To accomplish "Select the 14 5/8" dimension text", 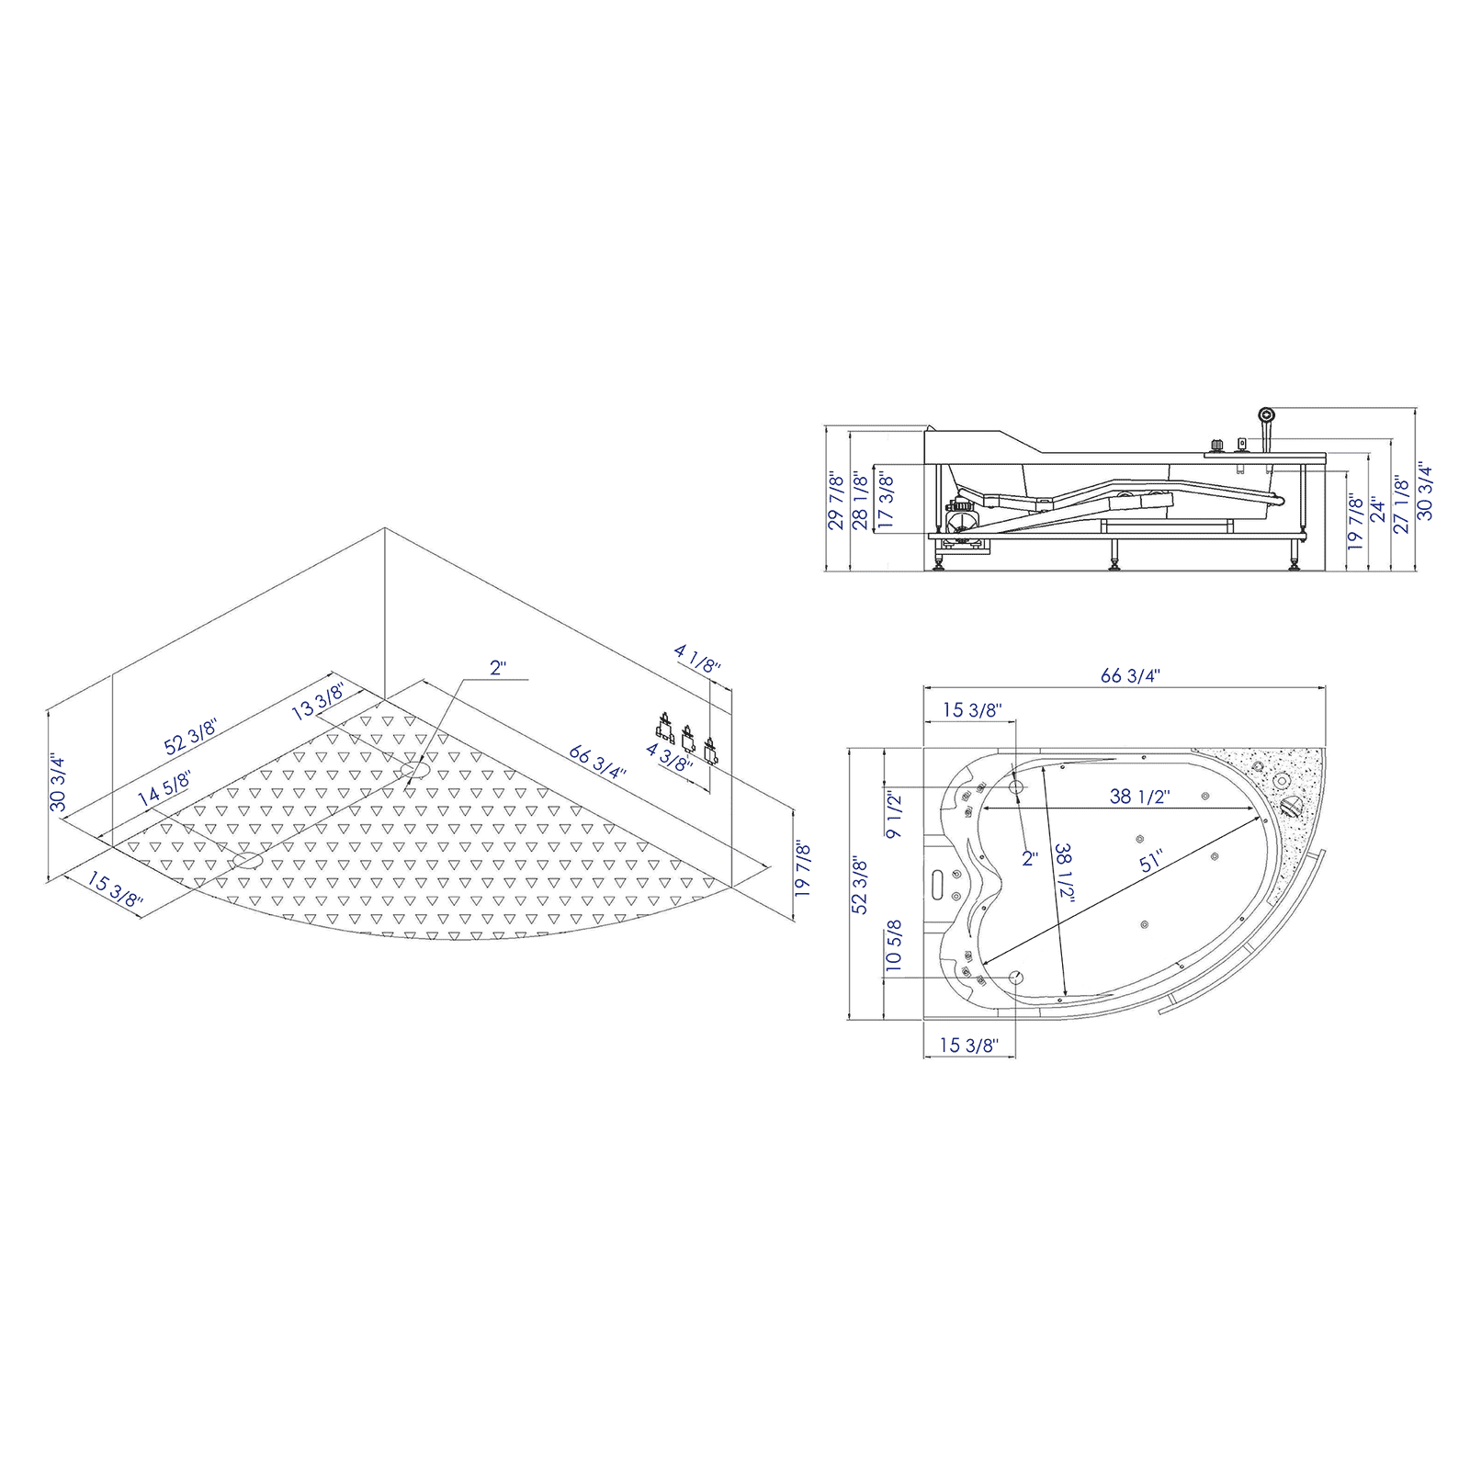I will [164, 789].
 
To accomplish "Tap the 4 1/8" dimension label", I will [698, 659].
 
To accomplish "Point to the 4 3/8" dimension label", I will [669, 757].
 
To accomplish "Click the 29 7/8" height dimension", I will [835, 501].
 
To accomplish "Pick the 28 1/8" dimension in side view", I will [861, 501].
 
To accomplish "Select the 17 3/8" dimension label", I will [886, 501].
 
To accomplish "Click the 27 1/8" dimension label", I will [1401, 503].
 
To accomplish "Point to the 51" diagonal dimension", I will [1151, 861].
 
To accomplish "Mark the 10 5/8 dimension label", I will [894, 946].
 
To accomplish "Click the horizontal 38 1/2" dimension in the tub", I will [1138, 797].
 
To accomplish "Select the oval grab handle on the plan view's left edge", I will [937, 883].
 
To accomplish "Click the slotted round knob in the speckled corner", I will [1291, 808].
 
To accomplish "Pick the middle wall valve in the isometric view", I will [686, 736].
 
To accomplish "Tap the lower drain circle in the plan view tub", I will [1016, 977].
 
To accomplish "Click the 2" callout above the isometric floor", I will [498, 668].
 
